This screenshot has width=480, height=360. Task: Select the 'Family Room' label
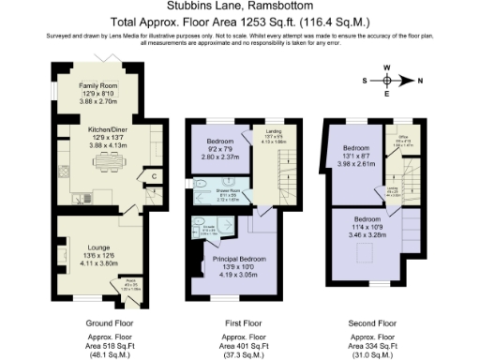point(97,85)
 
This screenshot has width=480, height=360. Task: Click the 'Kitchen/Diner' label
point(97,133)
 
